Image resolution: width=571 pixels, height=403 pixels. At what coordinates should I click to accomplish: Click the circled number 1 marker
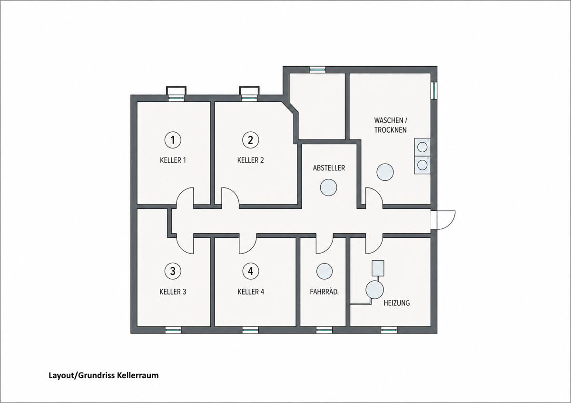point(173,140)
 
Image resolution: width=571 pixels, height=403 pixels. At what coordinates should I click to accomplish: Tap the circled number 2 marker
point(251,140)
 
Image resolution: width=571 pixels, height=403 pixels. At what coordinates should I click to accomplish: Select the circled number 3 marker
point(173,271)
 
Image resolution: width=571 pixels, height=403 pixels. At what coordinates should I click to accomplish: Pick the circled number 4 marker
point(251,271)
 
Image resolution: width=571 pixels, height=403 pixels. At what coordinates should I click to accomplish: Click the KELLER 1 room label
point(173,160)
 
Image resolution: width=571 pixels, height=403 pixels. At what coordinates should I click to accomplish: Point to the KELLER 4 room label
point(251,292)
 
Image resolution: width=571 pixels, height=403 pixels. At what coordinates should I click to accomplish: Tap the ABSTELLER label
point(329,168)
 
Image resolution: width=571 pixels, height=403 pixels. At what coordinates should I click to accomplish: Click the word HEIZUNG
point(397,303)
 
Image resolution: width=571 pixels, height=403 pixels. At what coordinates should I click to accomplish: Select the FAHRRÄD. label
point(324,292)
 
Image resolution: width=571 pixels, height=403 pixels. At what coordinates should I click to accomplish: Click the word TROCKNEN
point(390,130)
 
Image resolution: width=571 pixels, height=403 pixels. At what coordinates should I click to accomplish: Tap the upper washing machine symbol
point(423,147)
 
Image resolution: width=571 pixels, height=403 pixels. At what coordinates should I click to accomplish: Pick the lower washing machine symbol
point(423,165)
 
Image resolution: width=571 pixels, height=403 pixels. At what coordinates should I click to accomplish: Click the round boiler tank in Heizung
point(374,289)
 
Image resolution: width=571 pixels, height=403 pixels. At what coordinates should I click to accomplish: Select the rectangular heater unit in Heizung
point(378,268)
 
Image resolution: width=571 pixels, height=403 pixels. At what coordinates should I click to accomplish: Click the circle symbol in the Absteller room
point(329,187)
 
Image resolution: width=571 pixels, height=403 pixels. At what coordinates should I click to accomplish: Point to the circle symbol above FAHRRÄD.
point(325,271)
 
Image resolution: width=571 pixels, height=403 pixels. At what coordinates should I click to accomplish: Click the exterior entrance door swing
point(443,220)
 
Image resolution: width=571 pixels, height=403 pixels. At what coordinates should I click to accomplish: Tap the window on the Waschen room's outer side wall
point(434,90)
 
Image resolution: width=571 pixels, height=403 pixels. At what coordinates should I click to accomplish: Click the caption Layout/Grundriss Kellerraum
point(104,375)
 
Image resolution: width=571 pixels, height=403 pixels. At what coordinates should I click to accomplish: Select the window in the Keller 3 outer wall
point(173,330)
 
